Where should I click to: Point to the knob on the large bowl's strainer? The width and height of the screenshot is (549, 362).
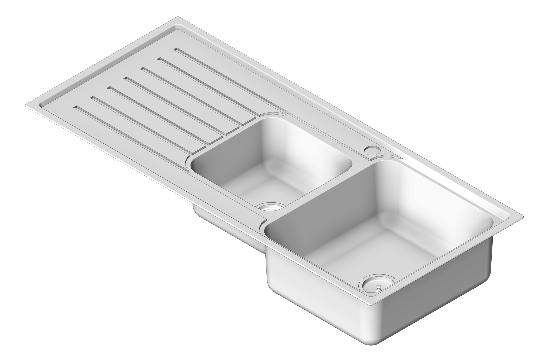378,288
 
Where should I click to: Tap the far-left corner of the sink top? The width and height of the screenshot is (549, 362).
26,105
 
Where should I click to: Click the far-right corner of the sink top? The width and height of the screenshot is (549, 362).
523,216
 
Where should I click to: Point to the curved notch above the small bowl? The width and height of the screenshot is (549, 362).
271,114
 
